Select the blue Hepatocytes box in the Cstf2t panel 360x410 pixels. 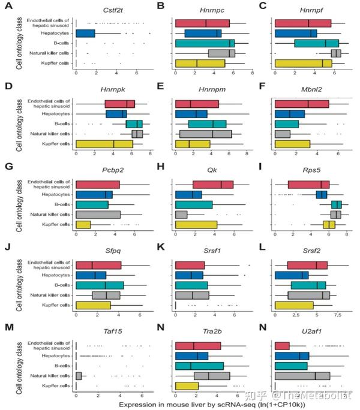pos(85,33)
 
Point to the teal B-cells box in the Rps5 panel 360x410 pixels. pos(336,204)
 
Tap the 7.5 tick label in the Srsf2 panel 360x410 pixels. pos(338,315)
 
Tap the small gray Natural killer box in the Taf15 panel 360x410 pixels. pos(79,375)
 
